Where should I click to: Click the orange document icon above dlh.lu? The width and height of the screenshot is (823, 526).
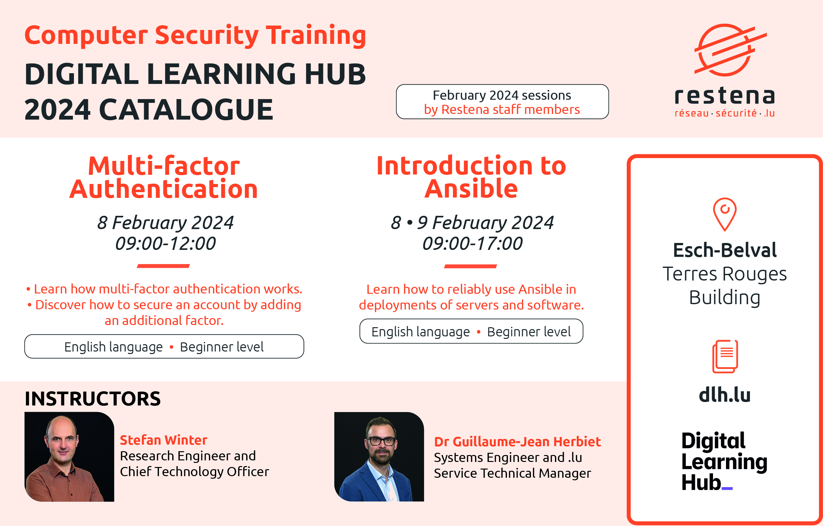(x=725, y=356)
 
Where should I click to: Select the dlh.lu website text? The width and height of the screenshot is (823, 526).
(x=724, y=395)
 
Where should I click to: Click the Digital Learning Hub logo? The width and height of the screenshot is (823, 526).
(x=724, y=461)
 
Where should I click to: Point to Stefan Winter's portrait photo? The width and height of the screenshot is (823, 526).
(x=69, y=457)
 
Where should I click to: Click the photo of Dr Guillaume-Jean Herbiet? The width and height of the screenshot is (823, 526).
(x=379, y=457)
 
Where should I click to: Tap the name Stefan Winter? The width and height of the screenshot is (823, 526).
(x=163, y=440)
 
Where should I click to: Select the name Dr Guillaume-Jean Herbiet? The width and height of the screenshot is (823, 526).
(x=517, y=442)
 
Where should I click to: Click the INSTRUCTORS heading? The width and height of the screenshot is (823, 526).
(x=93, y=399)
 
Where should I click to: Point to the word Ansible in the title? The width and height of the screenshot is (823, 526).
(x=471, y=189)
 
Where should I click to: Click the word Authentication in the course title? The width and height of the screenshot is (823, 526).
(x=163, y=189)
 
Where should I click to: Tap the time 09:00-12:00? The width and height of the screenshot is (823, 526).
(x=165, y=243)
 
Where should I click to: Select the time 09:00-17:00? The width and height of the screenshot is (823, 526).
(x=472, y=243)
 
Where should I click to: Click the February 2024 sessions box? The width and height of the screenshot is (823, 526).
(x=502, y=102)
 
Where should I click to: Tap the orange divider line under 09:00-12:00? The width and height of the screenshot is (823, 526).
(x=163, y=266)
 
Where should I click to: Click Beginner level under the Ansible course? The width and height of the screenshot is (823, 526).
(x=529, y=332)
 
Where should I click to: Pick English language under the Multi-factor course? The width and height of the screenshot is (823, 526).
(x=113, y=347)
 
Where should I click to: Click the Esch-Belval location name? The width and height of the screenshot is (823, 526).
(x=725, y=250)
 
